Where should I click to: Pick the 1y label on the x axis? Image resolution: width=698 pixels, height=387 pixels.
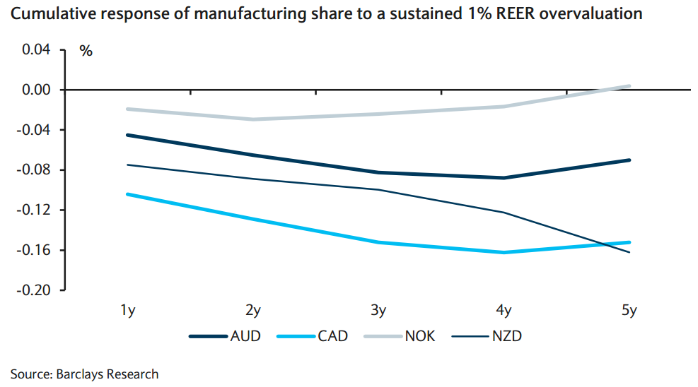[128, 311]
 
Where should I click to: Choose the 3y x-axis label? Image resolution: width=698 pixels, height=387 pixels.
[378, 311]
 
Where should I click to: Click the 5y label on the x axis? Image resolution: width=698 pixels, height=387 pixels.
[629, 311]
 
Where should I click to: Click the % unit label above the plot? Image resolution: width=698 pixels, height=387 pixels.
[86, 51]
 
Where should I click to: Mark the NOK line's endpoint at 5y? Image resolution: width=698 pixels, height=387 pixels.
[629, 86]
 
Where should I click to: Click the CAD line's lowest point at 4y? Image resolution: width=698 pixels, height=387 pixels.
[504, 252]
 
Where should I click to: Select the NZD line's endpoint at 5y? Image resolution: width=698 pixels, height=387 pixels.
[629, 252]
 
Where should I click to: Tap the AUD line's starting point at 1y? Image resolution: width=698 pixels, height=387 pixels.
[128, 135]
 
